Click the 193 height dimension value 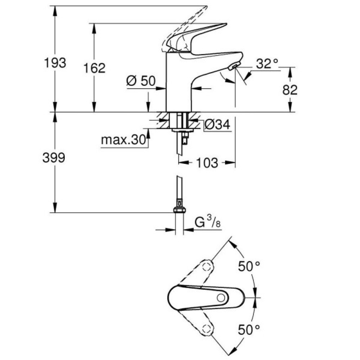click(55, 63)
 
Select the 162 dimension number click(94, 68)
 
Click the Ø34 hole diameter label click(217, 125)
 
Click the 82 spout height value click(290, 90)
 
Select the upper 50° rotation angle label click(249, 267)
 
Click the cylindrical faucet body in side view click(178, 83)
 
